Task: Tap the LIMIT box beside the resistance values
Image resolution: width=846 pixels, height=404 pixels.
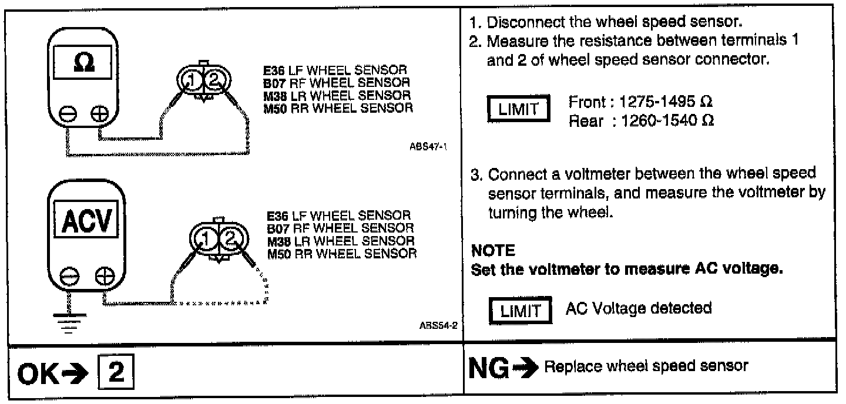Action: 518,110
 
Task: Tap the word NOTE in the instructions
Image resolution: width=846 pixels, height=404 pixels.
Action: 493,251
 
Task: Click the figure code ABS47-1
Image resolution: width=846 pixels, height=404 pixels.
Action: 434,147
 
